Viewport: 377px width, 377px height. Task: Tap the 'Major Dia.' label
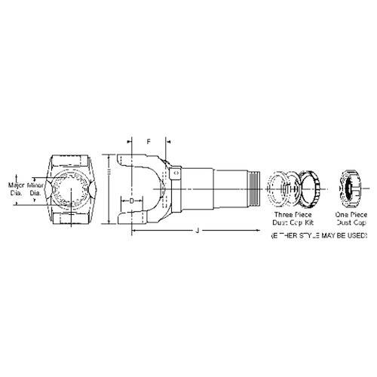click(17, 188)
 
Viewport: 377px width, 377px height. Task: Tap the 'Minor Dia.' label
click(36, 188)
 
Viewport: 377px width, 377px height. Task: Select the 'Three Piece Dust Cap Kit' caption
click(290, 219)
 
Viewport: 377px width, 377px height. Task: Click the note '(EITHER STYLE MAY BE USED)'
click(319, 236)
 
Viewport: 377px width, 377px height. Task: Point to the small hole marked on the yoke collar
click(176, 173)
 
